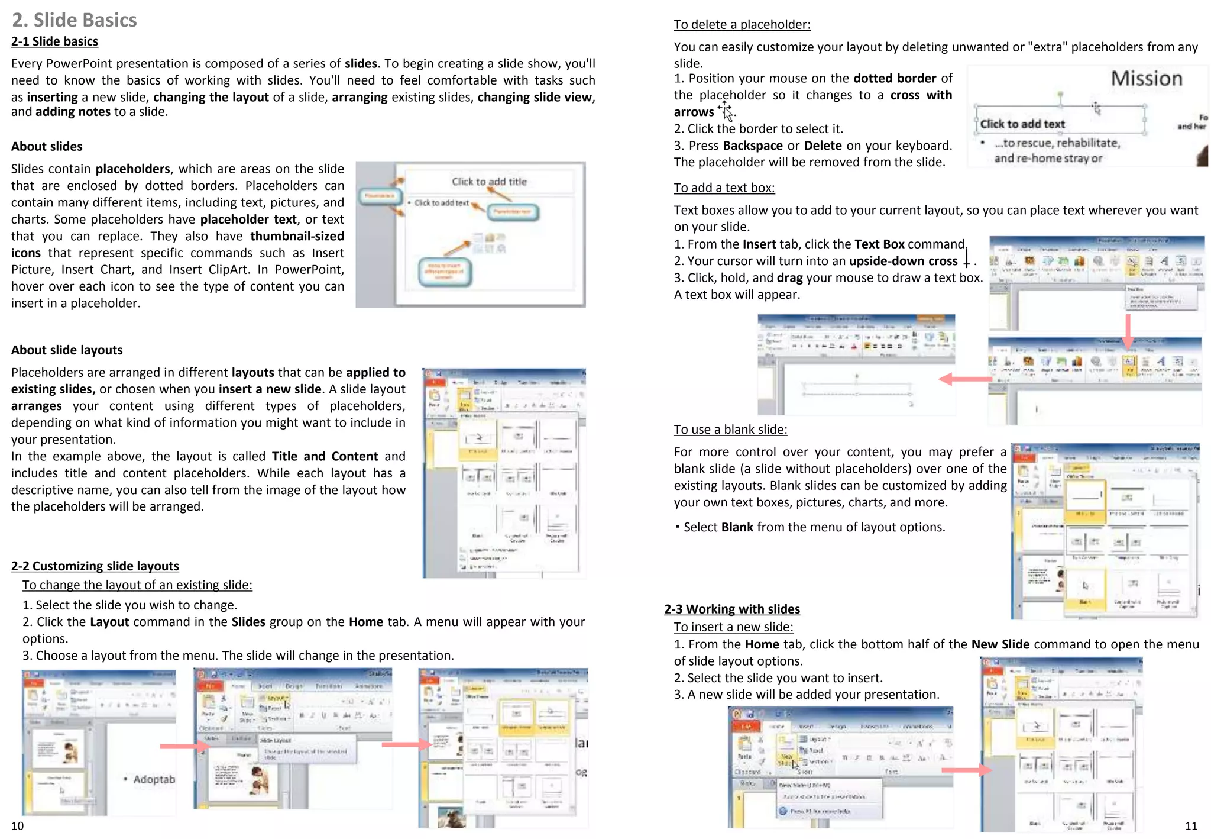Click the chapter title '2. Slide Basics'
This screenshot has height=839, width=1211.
75,20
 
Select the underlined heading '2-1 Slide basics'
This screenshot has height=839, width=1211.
54,41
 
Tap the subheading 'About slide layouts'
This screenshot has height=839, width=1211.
67,350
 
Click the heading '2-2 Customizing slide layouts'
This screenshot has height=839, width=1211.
95,566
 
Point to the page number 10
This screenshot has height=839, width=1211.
18,826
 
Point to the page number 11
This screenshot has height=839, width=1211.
1191,826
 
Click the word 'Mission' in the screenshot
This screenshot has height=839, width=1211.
1146,79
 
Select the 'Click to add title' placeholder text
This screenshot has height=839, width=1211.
489,182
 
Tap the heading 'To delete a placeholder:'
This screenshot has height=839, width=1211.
742,25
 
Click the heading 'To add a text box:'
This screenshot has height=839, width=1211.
724,188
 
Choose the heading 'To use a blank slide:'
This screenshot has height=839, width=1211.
730,430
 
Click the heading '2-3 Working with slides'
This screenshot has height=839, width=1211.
732,609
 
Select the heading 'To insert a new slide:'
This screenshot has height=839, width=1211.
733,627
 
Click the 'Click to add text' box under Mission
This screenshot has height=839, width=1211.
1022,124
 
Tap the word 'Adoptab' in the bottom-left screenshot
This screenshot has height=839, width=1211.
154,779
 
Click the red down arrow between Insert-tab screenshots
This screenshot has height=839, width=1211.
1128,331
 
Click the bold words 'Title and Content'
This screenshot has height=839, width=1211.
325,456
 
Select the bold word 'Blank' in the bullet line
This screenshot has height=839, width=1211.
737,527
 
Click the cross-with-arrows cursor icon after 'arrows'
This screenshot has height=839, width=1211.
726,111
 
